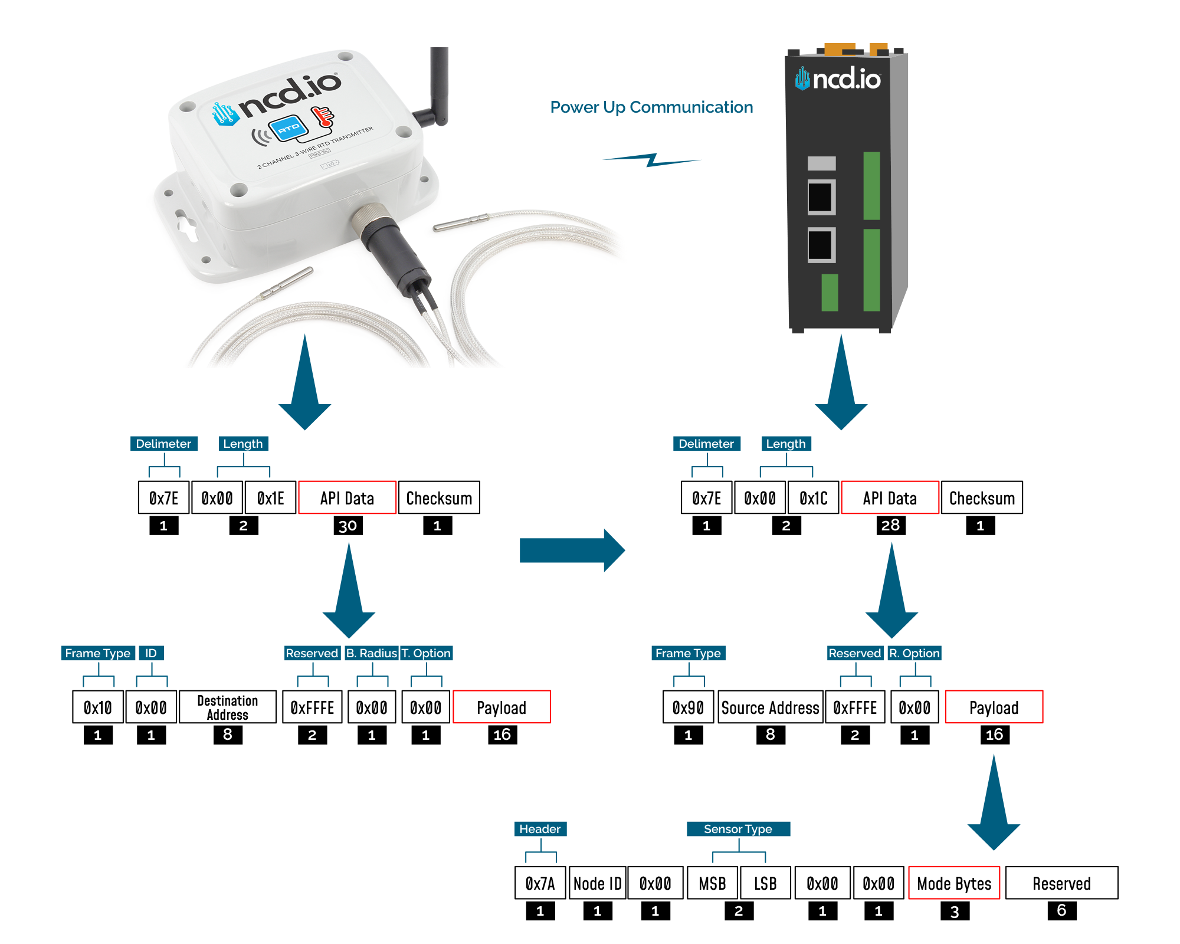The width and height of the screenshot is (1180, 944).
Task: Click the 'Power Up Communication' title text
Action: [651, 107]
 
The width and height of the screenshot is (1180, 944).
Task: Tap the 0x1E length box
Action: [270, 498]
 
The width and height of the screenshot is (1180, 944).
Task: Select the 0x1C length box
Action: [813, 498]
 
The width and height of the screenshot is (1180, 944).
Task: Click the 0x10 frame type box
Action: [98, 707]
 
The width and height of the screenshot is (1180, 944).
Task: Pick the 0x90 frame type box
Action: [688, 707]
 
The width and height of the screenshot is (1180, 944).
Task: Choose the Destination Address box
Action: [227, 707]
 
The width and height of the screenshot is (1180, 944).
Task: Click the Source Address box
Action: [770, 707]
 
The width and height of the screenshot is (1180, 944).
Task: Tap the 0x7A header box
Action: [540, 883]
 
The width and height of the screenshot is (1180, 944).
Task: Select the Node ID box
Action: [597, 883]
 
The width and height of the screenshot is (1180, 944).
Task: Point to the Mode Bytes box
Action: [954, 883]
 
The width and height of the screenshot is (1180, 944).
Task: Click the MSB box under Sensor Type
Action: [712, 883]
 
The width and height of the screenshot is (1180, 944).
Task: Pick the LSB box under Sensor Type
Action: [765, 883]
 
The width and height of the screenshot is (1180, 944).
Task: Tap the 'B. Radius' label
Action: [371, 653]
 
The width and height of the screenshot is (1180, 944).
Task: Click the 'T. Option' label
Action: [426, 653]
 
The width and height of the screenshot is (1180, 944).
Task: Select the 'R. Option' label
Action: [914, 653]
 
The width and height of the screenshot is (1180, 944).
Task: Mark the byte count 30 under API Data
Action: [348, 526]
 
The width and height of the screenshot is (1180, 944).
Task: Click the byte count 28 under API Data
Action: [890, 525]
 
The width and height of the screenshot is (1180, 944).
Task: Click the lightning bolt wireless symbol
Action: [651, 160]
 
